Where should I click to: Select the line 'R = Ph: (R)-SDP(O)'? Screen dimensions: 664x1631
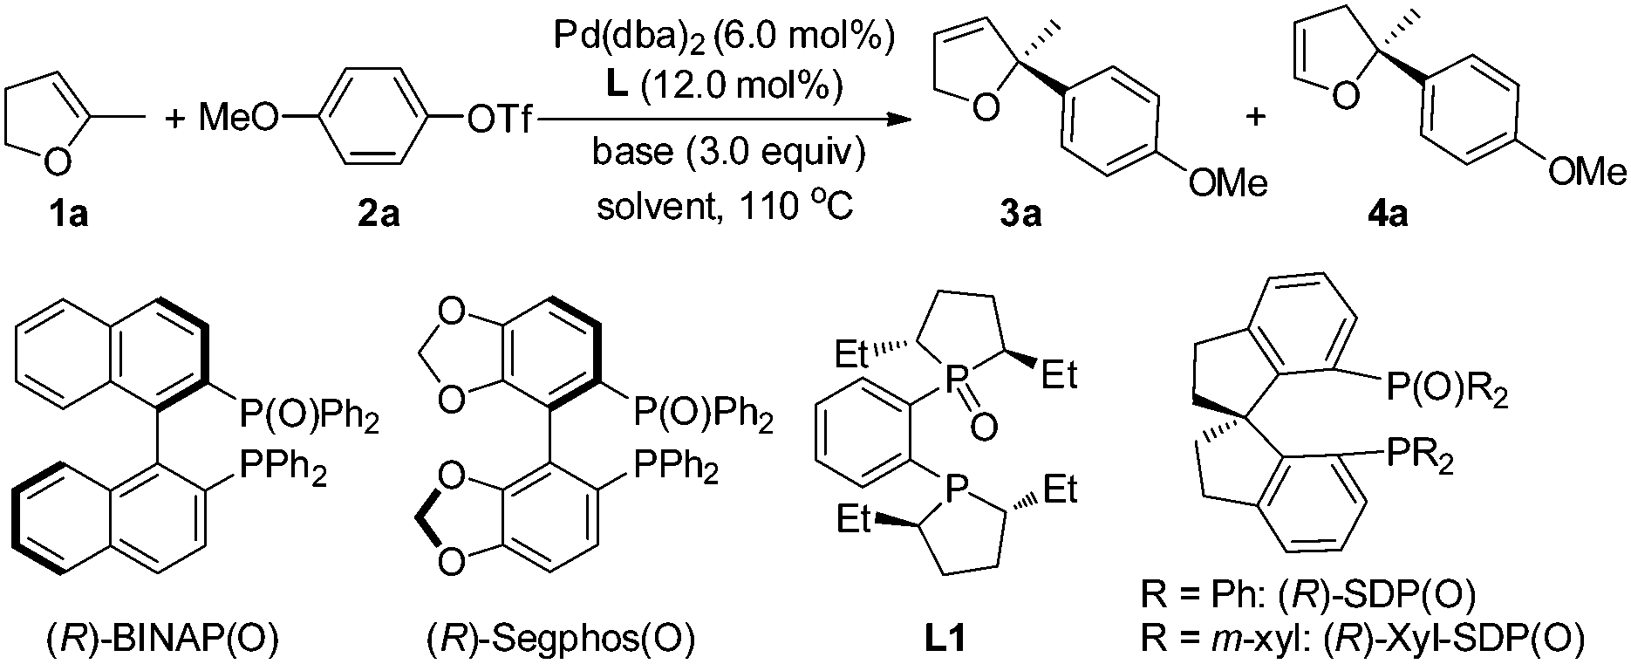tap(1307, 596)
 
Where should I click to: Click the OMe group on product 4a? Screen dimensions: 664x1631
tap(1587, 172)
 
